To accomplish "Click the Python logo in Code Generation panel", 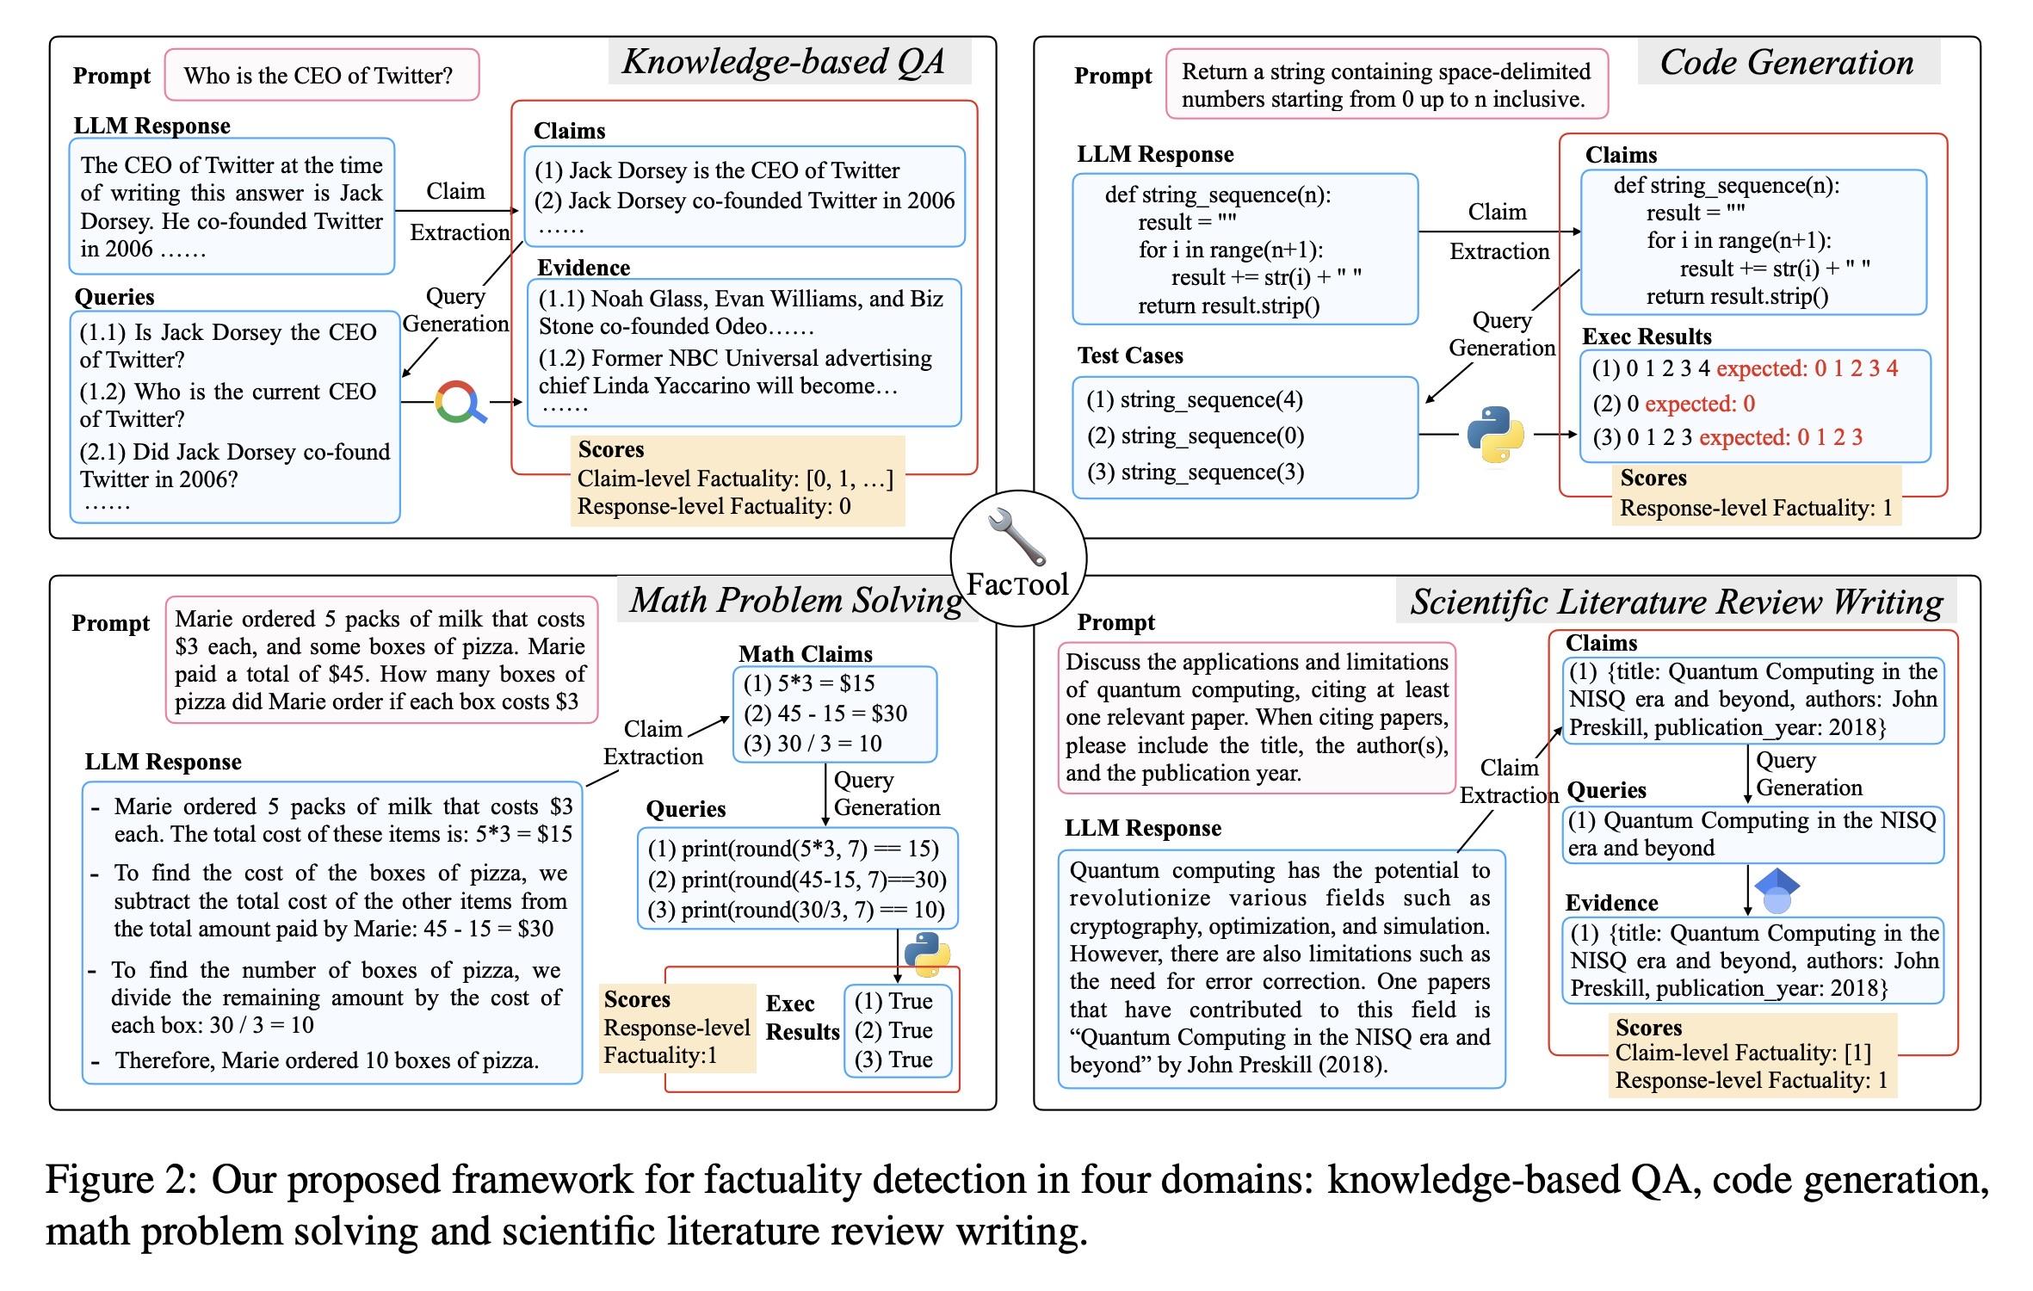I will pyautogui.click(x=1495, y=434).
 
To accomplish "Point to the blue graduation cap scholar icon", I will pyautogui.click(x=1777, y=891).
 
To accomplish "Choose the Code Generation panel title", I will pyautogui.click(x=1787, y=63).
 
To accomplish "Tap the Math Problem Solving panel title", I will pyautogui.click(x=796, y=601).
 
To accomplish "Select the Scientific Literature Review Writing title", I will pyautogui.click(x=1676, y=602).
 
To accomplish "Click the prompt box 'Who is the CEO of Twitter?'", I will pyautogui.click(x=319, y=76).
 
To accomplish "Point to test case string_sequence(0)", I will pyautogui.click(x=1196, y=436).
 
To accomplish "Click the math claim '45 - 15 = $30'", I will pyautogui.click(x=825, y=713).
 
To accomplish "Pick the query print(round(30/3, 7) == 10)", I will pyautogui.click(x=796, y=910).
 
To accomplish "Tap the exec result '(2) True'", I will pyautogui.click(x=893, y=1030).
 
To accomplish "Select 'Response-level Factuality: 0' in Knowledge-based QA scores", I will pyautogui.click(x=714, y=506).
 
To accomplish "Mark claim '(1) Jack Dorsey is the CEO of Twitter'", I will pyautogui.click(x=717, y=170).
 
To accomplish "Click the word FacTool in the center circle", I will pyautogui.click(x=1017, y=584).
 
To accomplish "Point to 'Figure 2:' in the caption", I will pyautogui.click(x=121, y=1179).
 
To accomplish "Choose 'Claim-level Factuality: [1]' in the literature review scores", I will pyautogui.click(x=1743, y=1053).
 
